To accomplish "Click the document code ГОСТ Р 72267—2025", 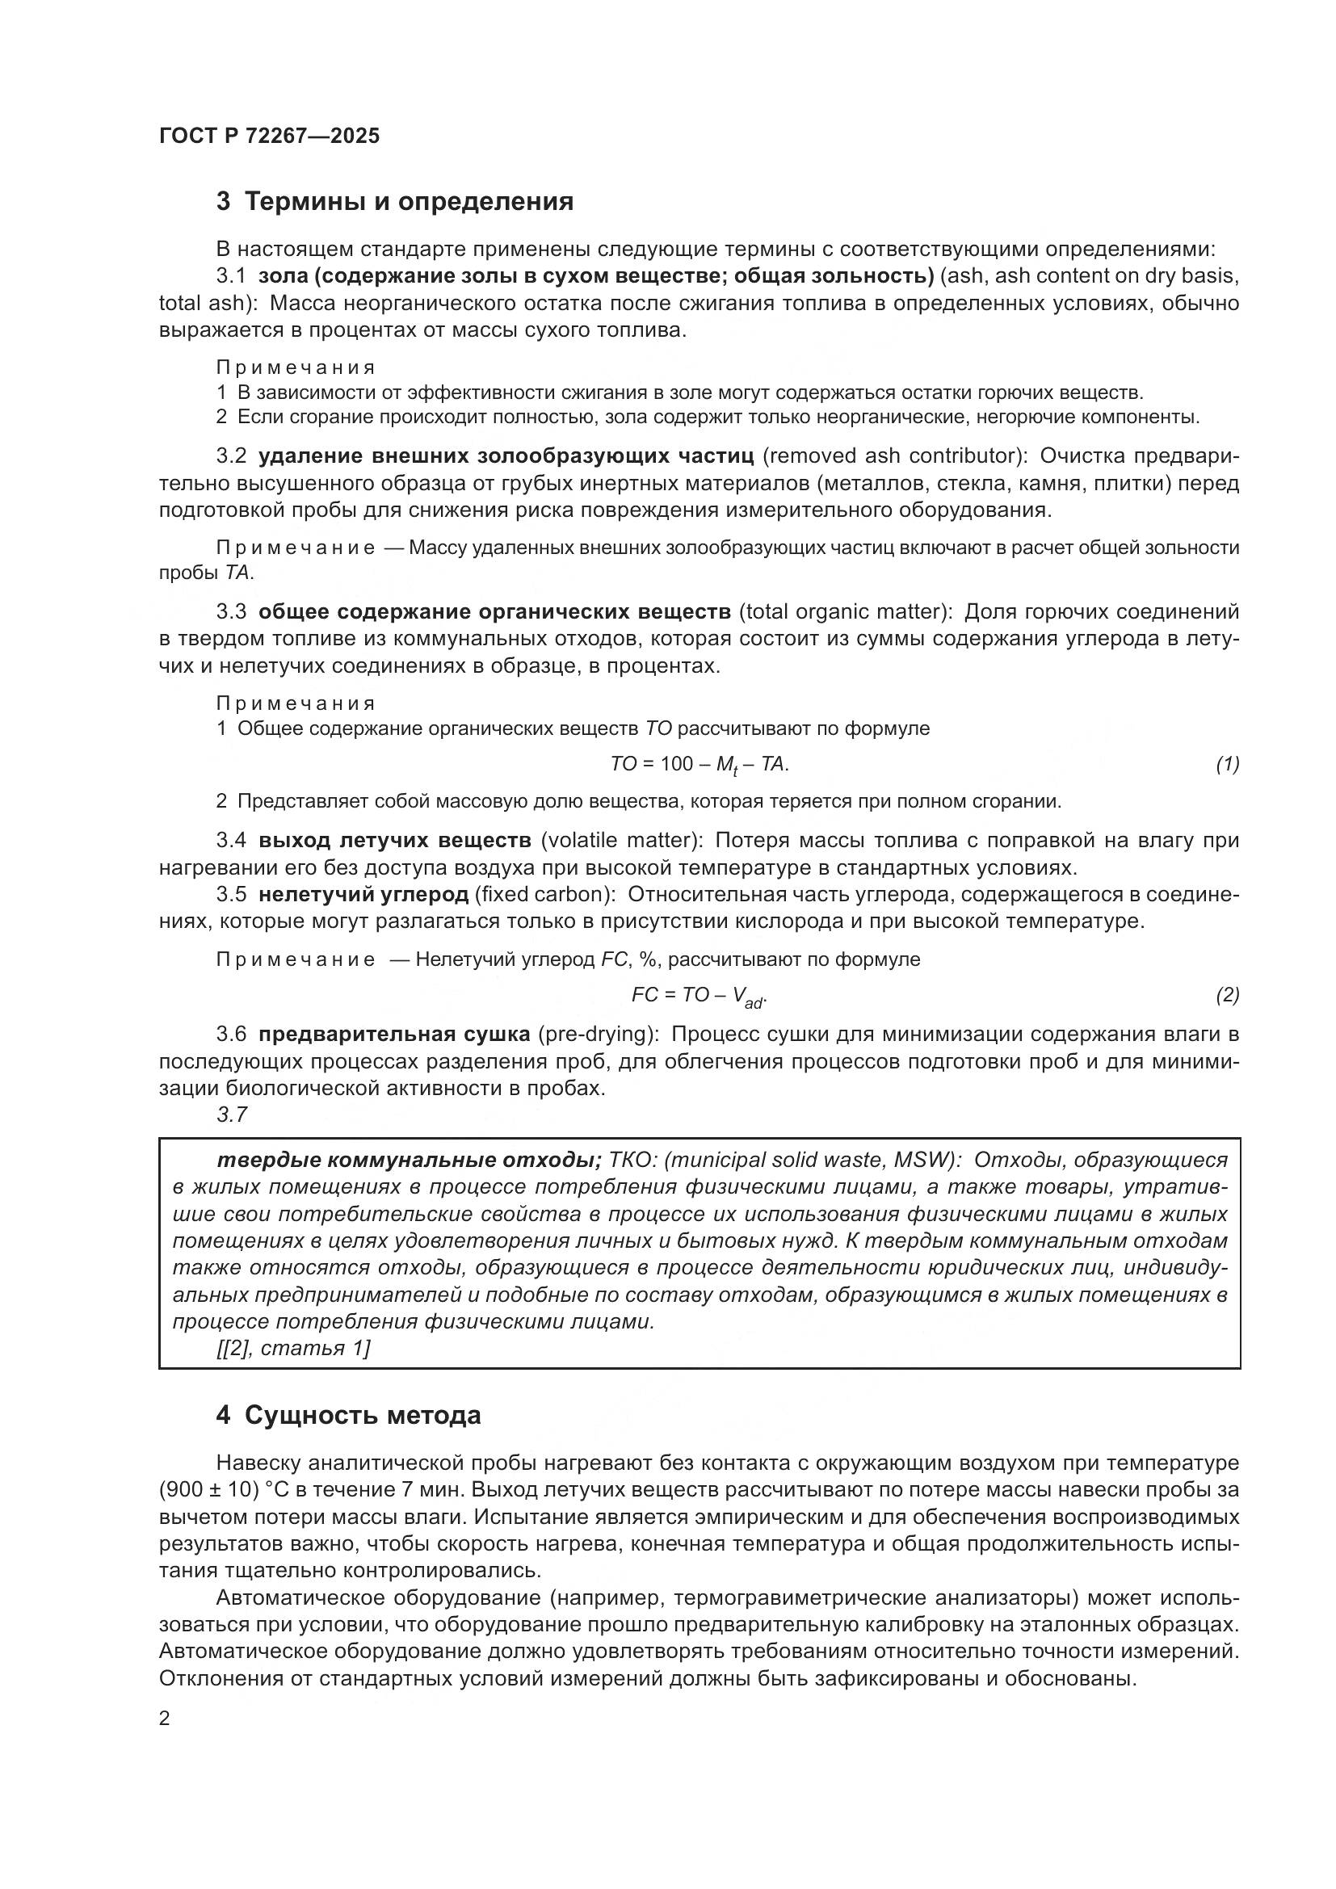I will tap(269, 136).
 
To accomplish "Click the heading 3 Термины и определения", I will tap(395, 201).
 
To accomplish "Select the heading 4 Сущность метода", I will tap(348, 1415).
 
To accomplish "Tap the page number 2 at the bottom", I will tap(165, 1718).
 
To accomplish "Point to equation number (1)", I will tap(1227, 764).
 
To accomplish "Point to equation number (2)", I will tap(1227, 996).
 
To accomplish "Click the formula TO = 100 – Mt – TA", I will tap(700, 765).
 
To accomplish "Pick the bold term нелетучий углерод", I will tap(363, 894).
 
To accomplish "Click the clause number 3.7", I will tap(232, 1115).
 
